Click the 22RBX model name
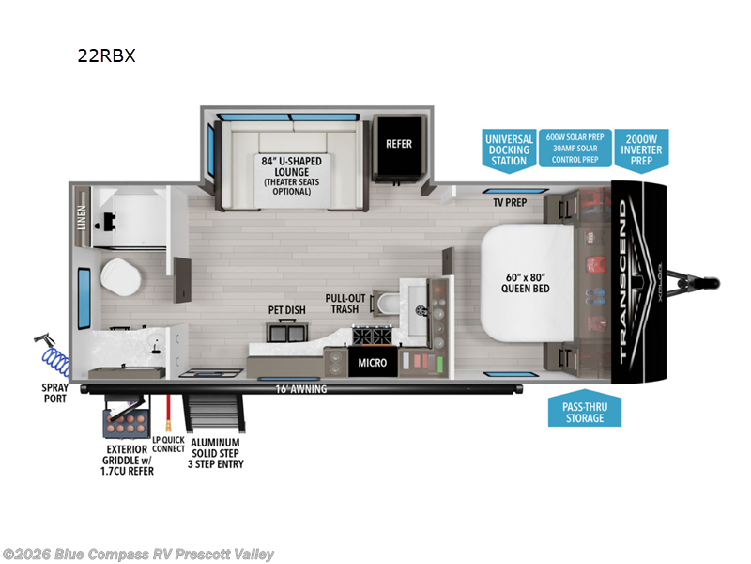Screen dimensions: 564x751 [107, 55]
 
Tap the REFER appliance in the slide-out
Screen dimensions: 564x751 [399, 145]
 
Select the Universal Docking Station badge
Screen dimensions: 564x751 [509, 149]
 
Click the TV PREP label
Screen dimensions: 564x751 [510, 202]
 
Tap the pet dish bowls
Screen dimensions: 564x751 [285, 331]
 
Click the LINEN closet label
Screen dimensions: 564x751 [83, 217]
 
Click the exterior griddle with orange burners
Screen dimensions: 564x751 [124, 418]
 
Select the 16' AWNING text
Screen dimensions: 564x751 [301, 389]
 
